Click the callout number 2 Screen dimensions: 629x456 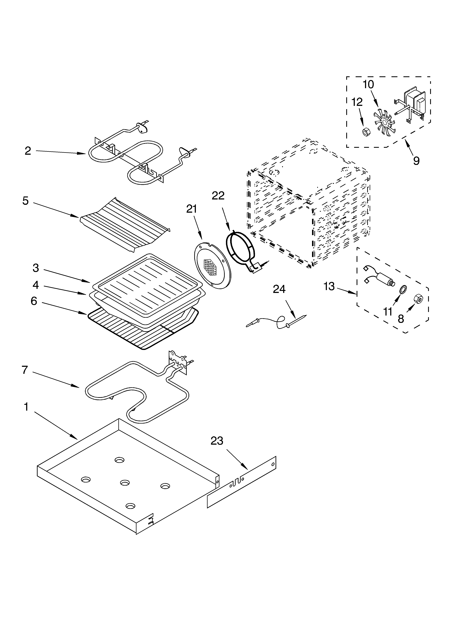click(x=28, y=151)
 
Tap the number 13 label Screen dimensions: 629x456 click(x=329, y=286)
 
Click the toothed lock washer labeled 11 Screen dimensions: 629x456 click(x=400, y=290)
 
